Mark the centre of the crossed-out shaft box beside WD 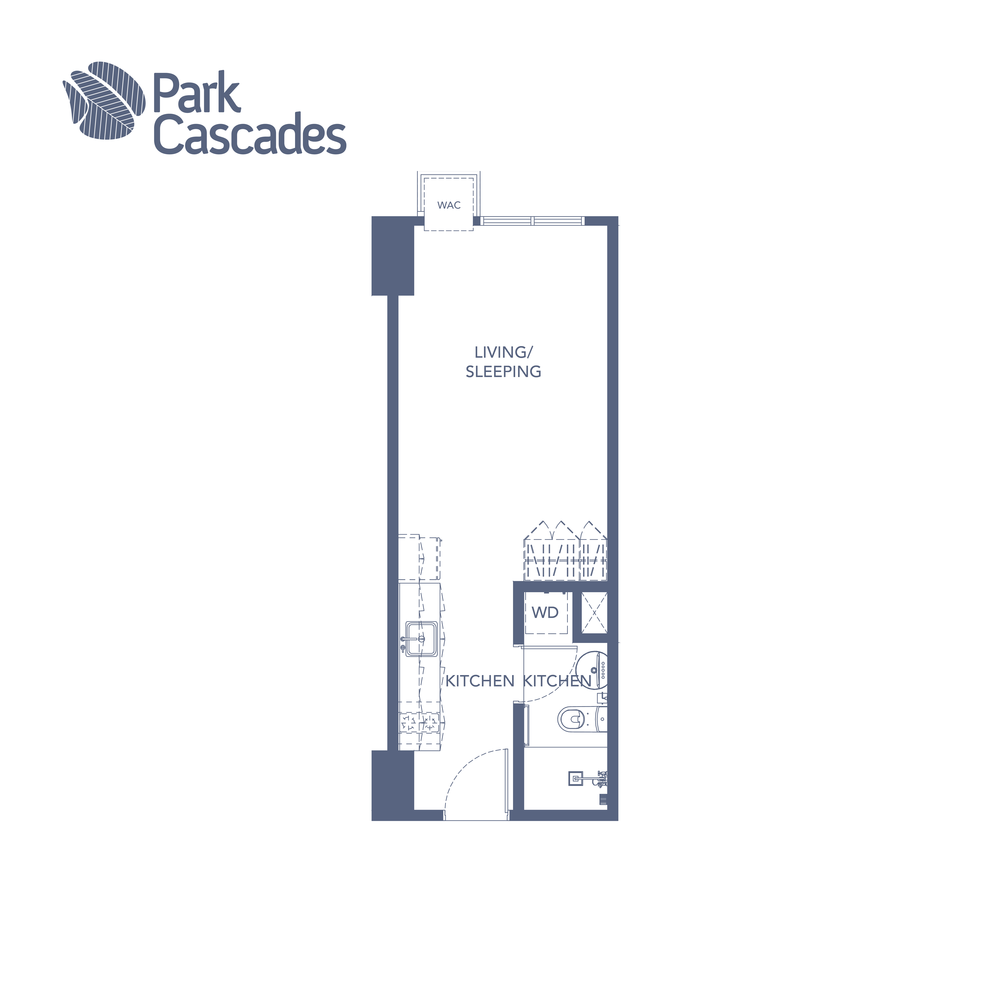click(594, 613)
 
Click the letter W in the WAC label click(442, 205)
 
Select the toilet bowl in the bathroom click(572, 719)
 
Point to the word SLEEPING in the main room click(503, 372)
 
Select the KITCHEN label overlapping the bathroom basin click(557, 681)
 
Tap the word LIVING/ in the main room click(504, 352)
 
